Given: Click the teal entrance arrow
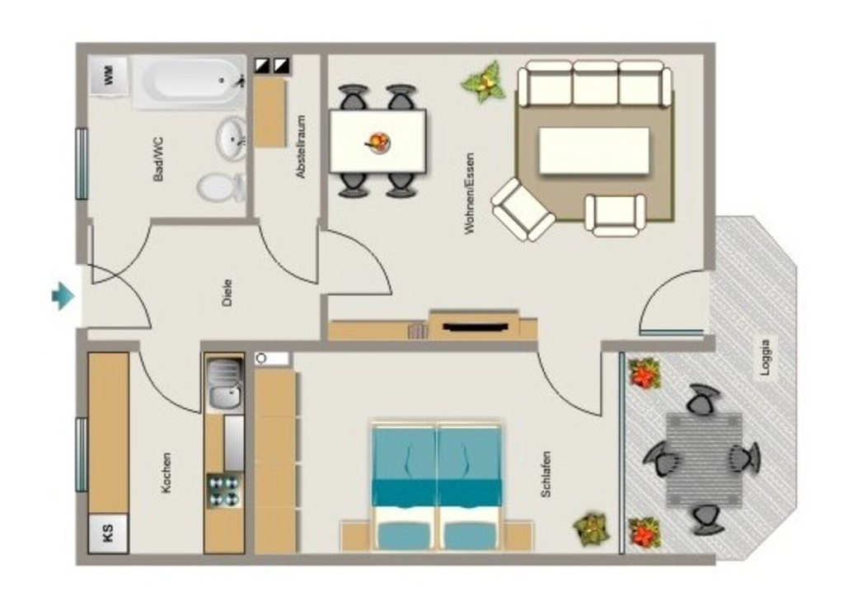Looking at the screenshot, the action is point(63,295).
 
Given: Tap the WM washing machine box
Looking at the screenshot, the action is point(108,75).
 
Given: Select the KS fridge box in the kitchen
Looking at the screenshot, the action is point(108,533).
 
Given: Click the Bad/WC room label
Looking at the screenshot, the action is point(158,159).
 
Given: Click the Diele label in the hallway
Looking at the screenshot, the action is point(227,293).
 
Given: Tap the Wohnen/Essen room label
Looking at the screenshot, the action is point(469,194).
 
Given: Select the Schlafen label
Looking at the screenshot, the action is point(546,474).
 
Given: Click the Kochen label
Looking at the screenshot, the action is point(166,472).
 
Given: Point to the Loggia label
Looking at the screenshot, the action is point(766,357).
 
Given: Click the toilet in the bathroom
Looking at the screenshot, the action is point(221,187).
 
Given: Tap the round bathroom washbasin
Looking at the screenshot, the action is point(232,139).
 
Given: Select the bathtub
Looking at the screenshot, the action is point(189,82).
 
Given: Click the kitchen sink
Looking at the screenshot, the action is point(224,383).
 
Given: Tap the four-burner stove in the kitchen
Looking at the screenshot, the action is point(224,491).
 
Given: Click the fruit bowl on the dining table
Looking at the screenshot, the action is point(377,143).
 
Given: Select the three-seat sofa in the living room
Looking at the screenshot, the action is point(595,83).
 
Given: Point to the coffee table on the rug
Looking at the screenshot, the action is point(593,151).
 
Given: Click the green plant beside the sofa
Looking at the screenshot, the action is point(484,82).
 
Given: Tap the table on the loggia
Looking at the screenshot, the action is point(704,460).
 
